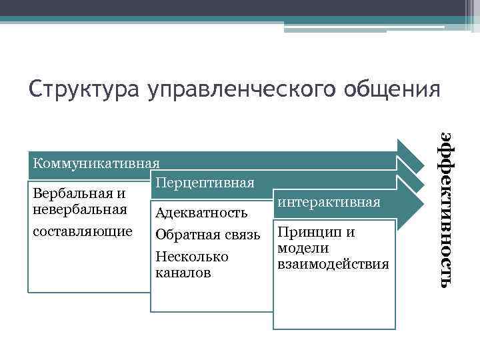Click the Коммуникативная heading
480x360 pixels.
pyautogui.click(x=97, y=163)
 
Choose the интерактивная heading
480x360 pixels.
pyautogui.click(x=329, y=201)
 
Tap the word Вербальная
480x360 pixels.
pyautogui.click(x=73, y=194)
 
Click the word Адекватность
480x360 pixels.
pyautogui.click(x=201, y=213)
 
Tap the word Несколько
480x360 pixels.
pyautogui.click(x=191, y=257)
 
